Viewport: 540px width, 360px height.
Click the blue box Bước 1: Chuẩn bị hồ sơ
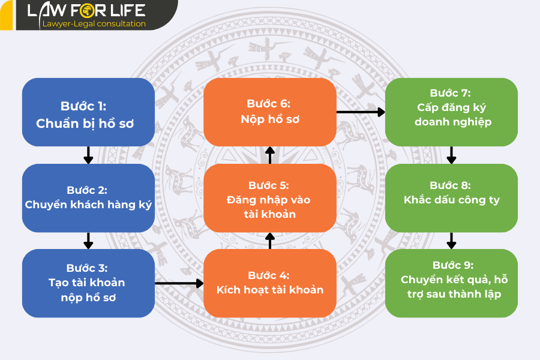(89, 112)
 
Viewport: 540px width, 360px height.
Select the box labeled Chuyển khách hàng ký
(89, 198)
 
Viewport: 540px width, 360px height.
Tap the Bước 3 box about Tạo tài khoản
(89, 283)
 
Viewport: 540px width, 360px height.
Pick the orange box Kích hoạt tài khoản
(270, 283)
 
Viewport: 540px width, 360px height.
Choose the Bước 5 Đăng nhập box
(270, 198)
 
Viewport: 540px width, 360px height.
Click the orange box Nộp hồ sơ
(270, 112)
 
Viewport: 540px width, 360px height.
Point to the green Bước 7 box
(451, 112)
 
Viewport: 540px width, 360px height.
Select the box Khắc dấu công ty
(451, 198)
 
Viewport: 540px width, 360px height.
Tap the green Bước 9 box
(451, 283)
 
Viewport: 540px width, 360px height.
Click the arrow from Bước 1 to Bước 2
(89, 155)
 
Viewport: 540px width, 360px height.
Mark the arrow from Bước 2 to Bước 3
(89, 241)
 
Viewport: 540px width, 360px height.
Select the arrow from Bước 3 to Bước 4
(179, 283)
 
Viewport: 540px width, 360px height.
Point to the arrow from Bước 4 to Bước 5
(270, 241)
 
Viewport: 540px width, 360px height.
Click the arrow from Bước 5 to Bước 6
(270, 155)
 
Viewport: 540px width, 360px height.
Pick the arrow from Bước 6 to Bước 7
(360, 112)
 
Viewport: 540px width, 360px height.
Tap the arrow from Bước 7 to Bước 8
(451, 155)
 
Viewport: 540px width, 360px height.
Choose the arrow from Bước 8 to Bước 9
(451, 241)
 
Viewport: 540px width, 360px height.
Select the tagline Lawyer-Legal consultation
(94, 24)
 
